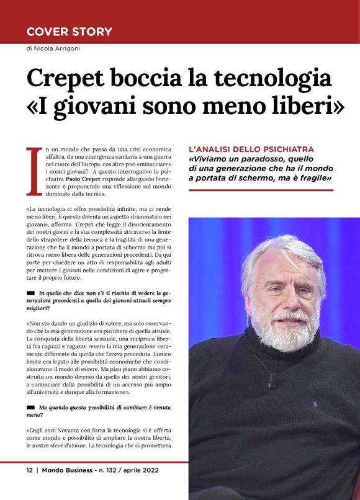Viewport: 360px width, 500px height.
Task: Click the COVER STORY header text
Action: click(x=69, y=32)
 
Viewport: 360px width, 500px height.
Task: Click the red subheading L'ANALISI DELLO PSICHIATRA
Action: click(x=251, y=150)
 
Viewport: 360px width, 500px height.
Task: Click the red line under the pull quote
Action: click(x=261, y=190)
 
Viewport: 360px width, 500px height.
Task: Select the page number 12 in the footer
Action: click(x=29, y=470)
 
